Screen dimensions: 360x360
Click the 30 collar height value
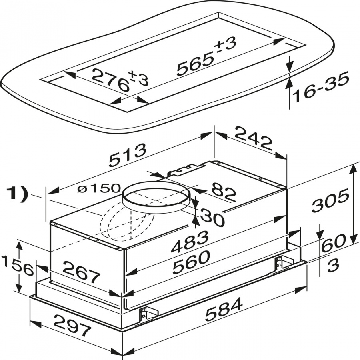(212, 218)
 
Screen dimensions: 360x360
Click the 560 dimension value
(191, 264)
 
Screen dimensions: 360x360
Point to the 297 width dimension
(72, 326)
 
